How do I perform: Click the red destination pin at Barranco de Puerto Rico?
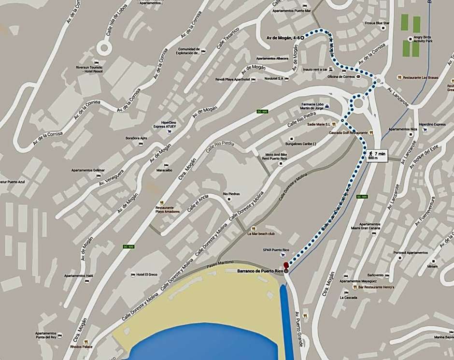[x=285, y=265]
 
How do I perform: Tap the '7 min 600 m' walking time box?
[x=377, y=156]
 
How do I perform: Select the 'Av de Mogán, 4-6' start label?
[x=284, y=37]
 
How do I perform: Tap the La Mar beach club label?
[x=261, y=234]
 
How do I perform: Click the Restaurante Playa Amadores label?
[x=167, y=209]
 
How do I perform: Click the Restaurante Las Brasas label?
[x=419, y=77]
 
